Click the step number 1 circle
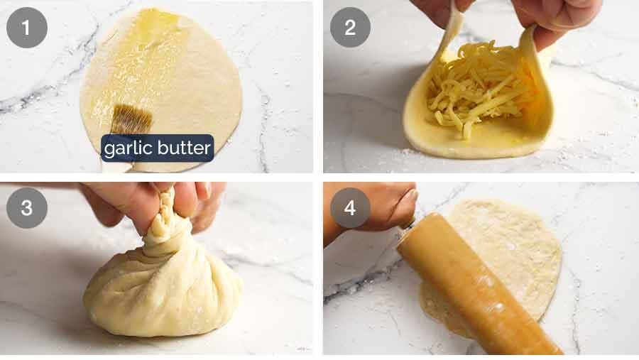point(27,28)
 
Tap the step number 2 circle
point(350,28)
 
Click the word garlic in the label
point(129,148)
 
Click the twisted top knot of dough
point(165,217)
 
